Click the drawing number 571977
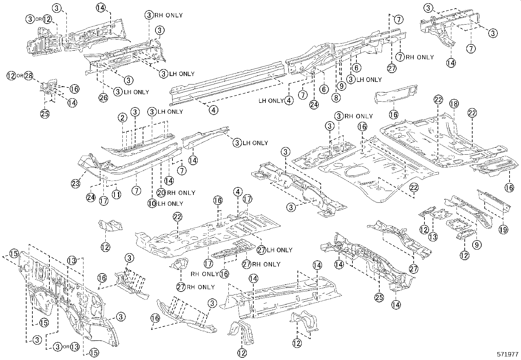507,354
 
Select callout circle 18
454,104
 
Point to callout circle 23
76,183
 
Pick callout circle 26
103,97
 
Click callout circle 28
29,76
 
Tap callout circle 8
336,97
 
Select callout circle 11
116,194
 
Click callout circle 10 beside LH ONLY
152,203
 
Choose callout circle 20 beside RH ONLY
161,193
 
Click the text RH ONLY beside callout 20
181,193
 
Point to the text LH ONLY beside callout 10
170,203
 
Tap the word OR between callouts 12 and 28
20,76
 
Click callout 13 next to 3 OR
75,347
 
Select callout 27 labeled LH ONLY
261,250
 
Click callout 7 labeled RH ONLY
400,57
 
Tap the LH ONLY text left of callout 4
271,101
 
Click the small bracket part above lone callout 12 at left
111,226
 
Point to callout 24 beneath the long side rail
314,105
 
